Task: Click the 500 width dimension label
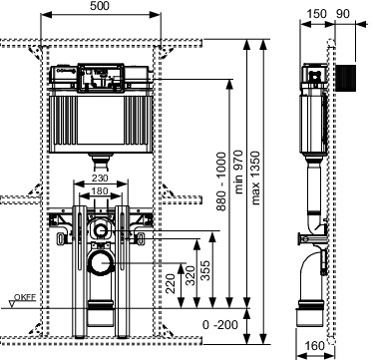100,6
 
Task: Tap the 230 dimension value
100,179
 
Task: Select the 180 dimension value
100,191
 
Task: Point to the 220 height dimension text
171,283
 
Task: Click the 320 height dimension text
189,275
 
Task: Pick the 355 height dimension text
205,270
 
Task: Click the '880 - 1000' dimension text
221,181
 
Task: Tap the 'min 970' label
238,173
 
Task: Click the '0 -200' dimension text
220,325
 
